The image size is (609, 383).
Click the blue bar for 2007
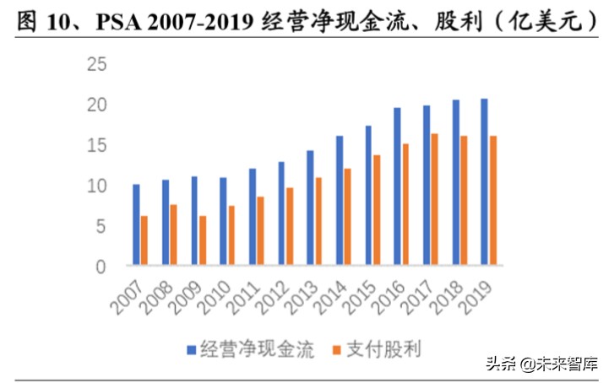click(136, 224)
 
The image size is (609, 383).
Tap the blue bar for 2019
click(484, 182)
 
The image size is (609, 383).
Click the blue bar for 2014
click(339, 201)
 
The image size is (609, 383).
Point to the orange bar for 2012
click(290, 226)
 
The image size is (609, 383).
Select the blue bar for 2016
click(397, 186)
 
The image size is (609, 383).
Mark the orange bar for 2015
click(377, 210)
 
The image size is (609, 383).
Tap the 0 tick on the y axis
click(101, 267)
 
